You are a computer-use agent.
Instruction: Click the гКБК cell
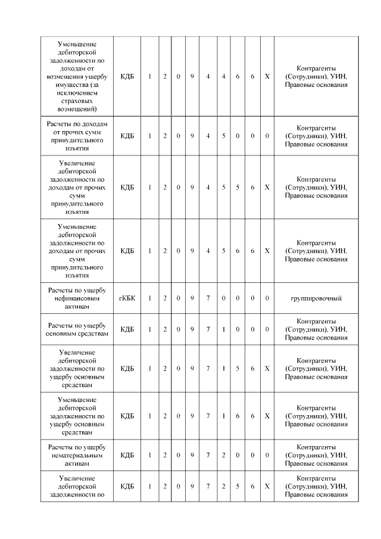[x=127, y=297]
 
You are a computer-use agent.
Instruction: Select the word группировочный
[x=316, y=297]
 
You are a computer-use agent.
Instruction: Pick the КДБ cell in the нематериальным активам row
[x=127, y=455]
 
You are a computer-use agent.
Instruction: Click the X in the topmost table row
[x=267, y=76]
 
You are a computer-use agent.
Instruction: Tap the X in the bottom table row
[x=267, y=487]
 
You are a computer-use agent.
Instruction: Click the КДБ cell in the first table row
[x=127, y=76]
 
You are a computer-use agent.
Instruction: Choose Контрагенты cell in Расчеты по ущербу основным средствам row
[x=316, y=329]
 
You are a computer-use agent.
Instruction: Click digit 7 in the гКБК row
[x=208, y=297]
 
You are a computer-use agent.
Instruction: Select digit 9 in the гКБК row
[x=192, y=297]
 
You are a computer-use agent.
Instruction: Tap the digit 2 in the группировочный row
[x=165, y=297]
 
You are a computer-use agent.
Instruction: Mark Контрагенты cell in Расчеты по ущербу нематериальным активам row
[x=316, y=455]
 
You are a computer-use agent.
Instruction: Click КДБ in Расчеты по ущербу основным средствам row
[x=127, y=329]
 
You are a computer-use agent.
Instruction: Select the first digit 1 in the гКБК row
[x=149, y=297]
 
